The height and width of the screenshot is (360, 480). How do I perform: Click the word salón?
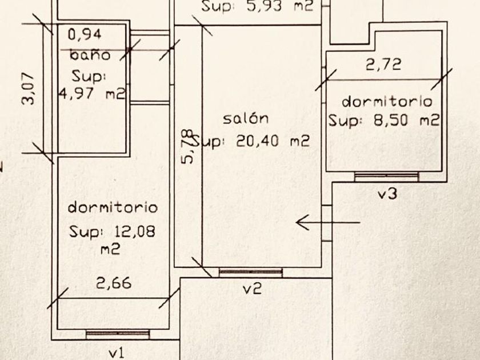pyautogui.click(x=246, y=119)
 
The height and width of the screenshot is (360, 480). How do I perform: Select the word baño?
pyautogui.click(x=90, y=55)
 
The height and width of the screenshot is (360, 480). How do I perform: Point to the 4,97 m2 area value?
pyautogui.click(x=92, y=94)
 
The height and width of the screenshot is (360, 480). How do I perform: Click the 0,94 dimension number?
pyautogui.click(x=85, y=34)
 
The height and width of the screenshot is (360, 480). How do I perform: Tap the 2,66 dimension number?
pyautogui.click(x=114, y=282)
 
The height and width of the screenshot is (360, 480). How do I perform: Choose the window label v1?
pyautogui.click(x=116, y=353)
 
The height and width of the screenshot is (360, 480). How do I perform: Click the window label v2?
pyautogui.click(x=251, y=289)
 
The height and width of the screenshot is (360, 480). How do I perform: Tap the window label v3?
pyautogui.click(x=387, y=194)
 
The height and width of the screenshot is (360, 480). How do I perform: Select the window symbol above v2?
pyautogui.click(x=250, y=273)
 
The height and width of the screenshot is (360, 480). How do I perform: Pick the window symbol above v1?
pyautogui.click(x=118, y=334)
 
